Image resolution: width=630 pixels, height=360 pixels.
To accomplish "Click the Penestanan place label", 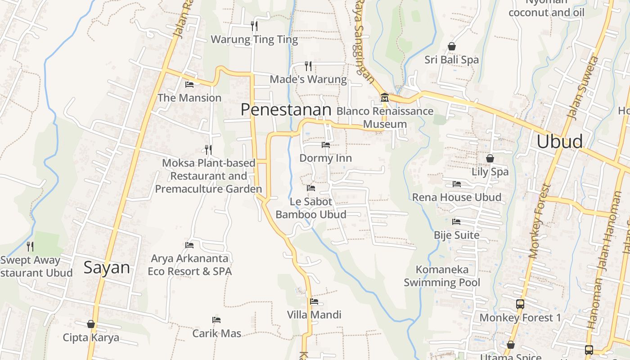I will coord(286,109).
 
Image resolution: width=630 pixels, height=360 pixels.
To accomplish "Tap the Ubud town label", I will coord(559,141).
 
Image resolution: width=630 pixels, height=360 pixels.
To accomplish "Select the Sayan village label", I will coord(107,268).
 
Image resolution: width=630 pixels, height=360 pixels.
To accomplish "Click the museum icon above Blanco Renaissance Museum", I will coord(385,97).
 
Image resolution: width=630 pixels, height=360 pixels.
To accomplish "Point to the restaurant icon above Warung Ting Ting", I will coord(254,26).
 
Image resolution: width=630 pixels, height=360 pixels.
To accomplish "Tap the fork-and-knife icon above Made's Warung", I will coord(308,66).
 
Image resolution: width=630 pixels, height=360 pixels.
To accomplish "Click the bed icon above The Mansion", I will coord(189,84).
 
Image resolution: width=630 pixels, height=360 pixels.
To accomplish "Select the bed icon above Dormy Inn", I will coord(325,145).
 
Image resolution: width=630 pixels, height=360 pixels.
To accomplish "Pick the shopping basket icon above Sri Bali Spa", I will coord(452,46).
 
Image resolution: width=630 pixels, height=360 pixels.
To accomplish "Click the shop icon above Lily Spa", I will coord(490,158).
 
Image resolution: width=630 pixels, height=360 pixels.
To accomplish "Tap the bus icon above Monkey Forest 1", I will coord(520,304).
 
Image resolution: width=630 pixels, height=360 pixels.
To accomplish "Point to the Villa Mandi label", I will coord(314,315).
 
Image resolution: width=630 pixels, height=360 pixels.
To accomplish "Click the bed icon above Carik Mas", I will coord(216,320).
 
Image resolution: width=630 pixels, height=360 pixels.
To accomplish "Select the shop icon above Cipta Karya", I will coord(91,324).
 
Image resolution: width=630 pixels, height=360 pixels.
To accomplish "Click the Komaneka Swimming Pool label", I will coord(442,276).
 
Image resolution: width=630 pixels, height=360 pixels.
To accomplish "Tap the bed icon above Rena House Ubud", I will coord(456,184).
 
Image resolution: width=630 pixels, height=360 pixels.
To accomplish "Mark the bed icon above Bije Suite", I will coord(456,221).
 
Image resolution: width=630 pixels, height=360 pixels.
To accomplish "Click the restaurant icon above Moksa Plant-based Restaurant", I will coord(208,149).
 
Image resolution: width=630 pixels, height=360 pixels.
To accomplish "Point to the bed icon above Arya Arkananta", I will coord(189,245).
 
